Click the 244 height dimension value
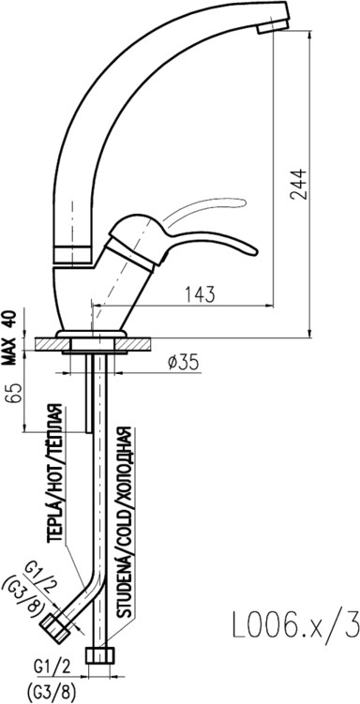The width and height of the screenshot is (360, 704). tap(298, 184)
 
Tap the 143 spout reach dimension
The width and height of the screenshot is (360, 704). tap(201, 294)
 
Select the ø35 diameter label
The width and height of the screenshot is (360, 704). tap(183, 363)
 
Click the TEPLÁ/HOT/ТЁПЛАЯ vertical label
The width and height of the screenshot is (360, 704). tap(56, 473)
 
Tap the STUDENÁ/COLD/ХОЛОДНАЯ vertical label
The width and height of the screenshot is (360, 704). tap(125, 522)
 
